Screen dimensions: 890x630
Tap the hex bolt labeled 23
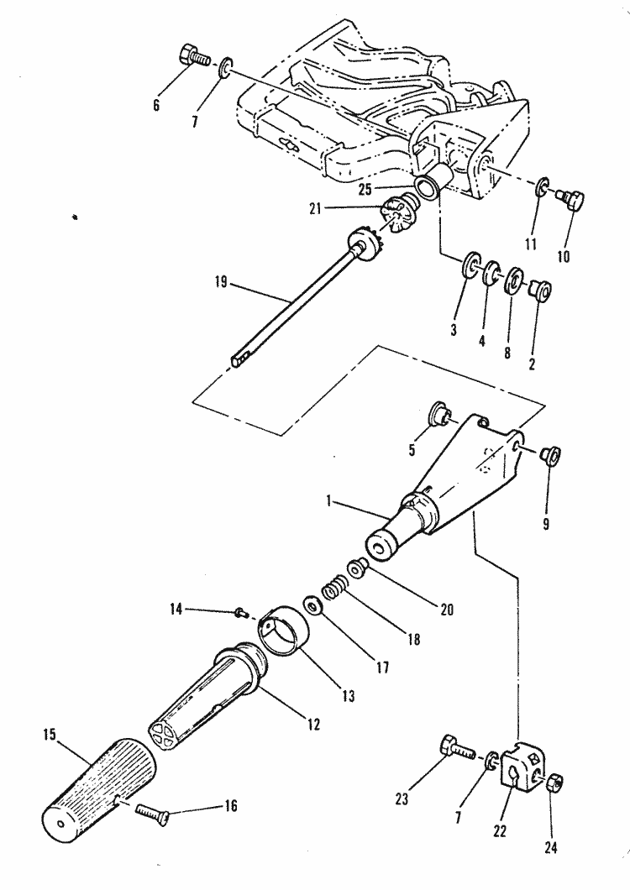453,746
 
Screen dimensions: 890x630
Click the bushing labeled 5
439,412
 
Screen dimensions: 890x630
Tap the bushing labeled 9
551,456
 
